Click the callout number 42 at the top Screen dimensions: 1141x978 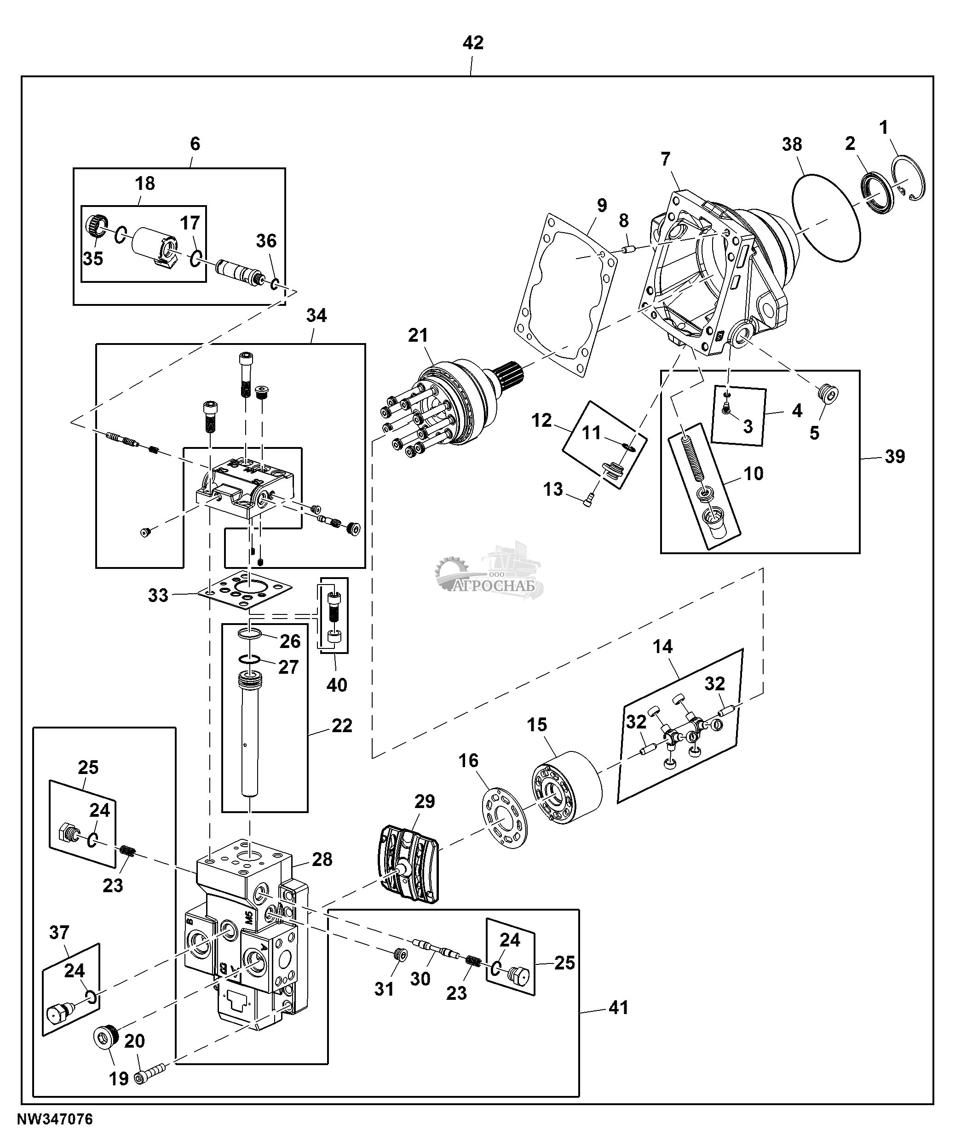click(472, 42)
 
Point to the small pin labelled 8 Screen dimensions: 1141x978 click(629, 249)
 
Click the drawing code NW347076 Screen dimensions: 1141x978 click(55, 1119)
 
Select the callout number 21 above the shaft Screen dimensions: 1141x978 click(418, 335)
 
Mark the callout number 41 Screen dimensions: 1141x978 click(618, 1008)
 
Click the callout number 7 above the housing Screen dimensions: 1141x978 click(665, 159)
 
